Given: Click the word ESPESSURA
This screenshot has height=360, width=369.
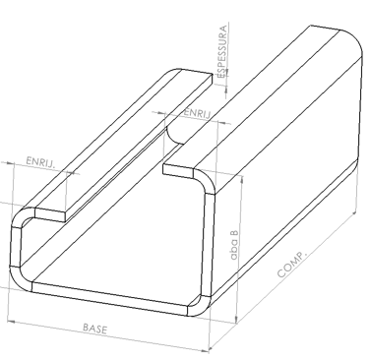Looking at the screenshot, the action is pyautogui.click(x=222, y=51).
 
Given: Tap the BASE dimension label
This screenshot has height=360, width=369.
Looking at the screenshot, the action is pyautogui.click(x=94, y=329).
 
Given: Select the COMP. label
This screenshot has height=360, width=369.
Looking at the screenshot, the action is pyautogui.click(x=292, y=265).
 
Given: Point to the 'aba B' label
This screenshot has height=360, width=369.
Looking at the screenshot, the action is pyautogui.click(x=234, y=244).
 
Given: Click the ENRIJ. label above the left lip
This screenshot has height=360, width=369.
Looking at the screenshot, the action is pyautogui.click(x=40, y=161).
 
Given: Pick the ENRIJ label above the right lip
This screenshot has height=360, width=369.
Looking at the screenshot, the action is pyautogui.click(x=197, y=113).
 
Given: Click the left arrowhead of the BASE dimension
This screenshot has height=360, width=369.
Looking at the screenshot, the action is pyautogui.click(x=11, y=322).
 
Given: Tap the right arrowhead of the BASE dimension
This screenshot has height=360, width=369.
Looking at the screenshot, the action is pyautogui.click(x=205, y=350).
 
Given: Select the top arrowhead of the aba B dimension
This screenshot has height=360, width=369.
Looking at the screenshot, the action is pyautogui.click(x=242, y=180).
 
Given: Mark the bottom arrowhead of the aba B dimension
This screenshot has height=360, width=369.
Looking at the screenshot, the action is pyautogui.click(x=236, y=319).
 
